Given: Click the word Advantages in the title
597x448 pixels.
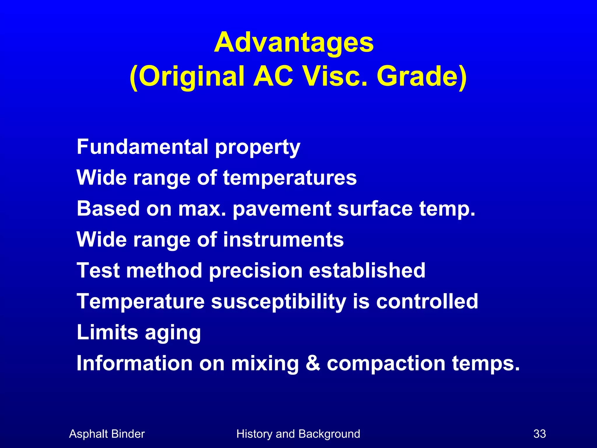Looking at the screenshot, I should pos(294,43).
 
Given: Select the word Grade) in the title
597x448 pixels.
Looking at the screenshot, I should pos(422,76).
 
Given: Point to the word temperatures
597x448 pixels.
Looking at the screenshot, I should pos(290,178).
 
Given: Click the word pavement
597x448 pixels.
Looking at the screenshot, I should pos(282,209).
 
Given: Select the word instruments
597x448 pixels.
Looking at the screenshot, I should pos(283,239).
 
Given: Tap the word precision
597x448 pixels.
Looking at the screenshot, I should pos(256,270).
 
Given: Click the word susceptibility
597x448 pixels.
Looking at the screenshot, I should pos(278,302).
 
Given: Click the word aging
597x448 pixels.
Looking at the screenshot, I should pos(173,333).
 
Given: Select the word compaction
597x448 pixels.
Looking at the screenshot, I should pos(386,364).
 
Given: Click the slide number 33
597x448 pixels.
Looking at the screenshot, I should pos(540,434).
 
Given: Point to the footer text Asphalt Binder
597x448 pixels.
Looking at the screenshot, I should pos(107,434).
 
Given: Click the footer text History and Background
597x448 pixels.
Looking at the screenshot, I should pos(298,434).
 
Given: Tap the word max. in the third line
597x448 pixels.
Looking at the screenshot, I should pos(202,209).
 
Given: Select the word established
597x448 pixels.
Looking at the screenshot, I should pos(367,270).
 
